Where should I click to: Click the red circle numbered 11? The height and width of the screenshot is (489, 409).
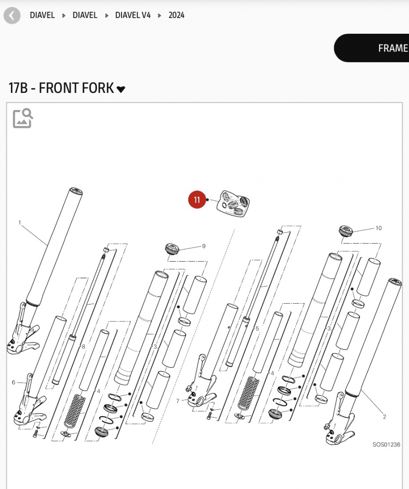197,200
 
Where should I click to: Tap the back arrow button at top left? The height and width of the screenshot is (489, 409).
12,15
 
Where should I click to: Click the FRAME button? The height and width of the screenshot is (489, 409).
392,48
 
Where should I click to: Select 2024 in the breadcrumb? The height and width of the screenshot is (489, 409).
176,15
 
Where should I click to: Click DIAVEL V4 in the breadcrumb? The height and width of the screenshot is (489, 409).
133,15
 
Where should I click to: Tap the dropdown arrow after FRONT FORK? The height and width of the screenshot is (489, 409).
121,89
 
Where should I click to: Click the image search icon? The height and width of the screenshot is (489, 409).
23,118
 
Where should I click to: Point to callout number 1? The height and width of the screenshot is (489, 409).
20,222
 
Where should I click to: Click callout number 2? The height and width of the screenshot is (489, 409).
385,417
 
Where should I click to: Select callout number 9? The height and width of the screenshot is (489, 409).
204,246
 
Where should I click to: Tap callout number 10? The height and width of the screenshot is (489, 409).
378,228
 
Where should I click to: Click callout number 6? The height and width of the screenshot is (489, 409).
13,382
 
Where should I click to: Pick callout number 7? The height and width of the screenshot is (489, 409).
177,401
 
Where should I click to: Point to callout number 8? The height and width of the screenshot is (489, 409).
83,347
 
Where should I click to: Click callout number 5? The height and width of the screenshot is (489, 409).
257,329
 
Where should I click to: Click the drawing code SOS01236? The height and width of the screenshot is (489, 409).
386,445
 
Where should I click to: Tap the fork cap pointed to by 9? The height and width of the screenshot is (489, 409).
172,248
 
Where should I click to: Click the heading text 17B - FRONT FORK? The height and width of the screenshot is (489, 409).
61,89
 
